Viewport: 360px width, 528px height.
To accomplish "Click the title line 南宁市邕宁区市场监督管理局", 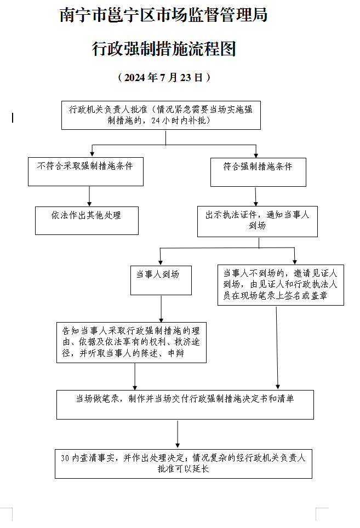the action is tap(164, 15).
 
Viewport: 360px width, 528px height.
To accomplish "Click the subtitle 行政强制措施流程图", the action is tap(164, 49).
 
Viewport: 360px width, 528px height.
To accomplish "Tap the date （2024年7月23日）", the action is tap(164, 77).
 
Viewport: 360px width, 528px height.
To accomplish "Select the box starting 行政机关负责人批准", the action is tap(161, 115).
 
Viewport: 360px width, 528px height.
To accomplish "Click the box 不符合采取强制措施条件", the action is tap(85, 171).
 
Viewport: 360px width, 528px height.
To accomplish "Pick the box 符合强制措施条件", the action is tap(258, 172).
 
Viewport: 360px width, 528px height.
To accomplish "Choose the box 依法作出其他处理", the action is tap(87, 221).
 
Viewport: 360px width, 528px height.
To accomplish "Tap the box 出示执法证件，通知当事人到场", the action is tap(258, 221).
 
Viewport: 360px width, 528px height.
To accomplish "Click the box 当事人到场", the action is tap(161, 280).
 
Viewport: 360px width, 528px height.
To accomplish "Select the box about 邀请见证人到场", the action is tap(281, 285).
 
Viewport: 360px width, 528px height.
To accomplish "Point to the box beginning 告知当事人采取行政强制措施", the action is tap(132, 342).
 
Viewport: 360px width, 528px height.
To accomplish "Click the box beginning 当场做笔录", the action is tap(185, 404).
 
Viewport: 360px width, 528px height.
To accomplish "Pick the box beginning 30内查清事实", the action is tap(184, 464).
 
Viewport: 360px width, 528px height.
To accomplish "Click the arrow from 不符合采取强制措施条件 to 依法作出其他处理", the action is tap(89, 196).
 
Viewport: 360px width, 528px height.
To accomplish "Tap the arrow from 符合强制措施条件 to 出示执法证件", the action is tap(255, 196).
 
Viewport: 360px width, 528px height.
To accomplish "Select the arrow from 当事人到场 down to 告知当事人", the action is tap(161, 309).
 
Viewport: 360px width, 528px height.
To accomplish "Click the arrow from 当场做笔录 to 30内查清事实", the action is tap(178, 434).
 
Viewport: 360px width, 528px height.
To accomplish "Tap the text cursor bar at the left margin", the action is tap(13, 118).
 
